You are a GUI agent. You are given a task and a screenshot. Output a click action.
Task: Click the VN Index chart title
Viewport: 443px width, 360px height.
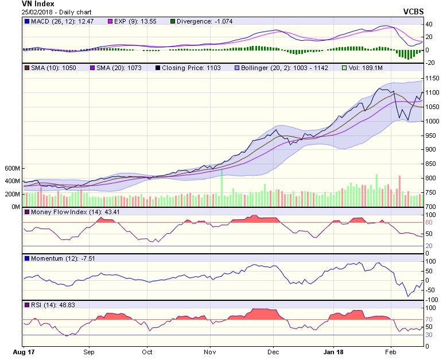coord(38,3)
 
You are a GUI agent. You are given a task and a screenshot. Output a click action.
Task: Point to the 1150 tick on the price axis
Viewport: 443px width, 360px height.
coord(432,78)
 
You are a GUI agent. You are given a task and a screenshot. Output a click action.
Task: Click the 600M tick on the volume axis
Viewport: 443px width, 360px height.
coord(11,169)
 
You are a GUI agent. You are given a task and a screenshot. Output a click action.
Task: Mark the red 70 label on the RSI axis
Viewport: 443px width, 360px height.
coord(429,319)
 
